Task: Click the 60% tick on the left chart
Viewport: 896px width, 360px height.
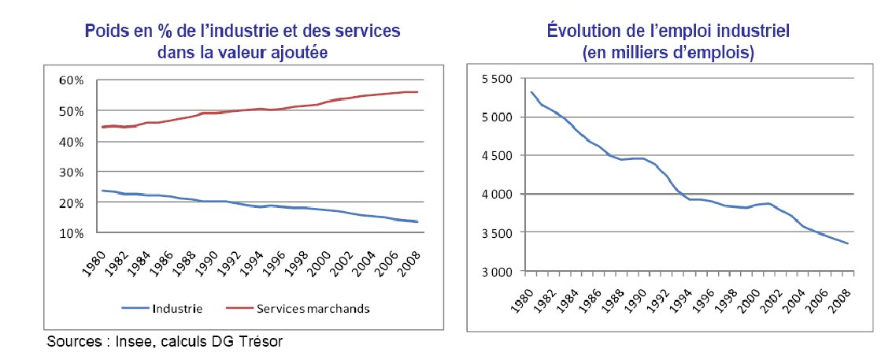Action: pyautogui.click(x=71, y=80)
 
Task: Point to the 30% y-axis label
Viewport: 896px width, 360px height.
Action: pyautogui.click(x=71, y=173)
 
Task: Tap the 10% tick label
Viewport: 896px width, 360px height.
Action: pyautogui.click(x=71, y=234)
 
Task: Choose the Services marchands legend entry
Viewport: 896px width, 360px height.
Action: pyautogui.click(x=313, y=308)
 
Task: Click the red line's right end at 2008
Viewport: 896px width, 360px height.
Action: pyautogui.click(x=417, y=92)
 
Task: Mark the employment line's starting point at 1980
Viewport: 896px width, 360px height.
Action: pyautogui.click(x=531, y=92)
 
